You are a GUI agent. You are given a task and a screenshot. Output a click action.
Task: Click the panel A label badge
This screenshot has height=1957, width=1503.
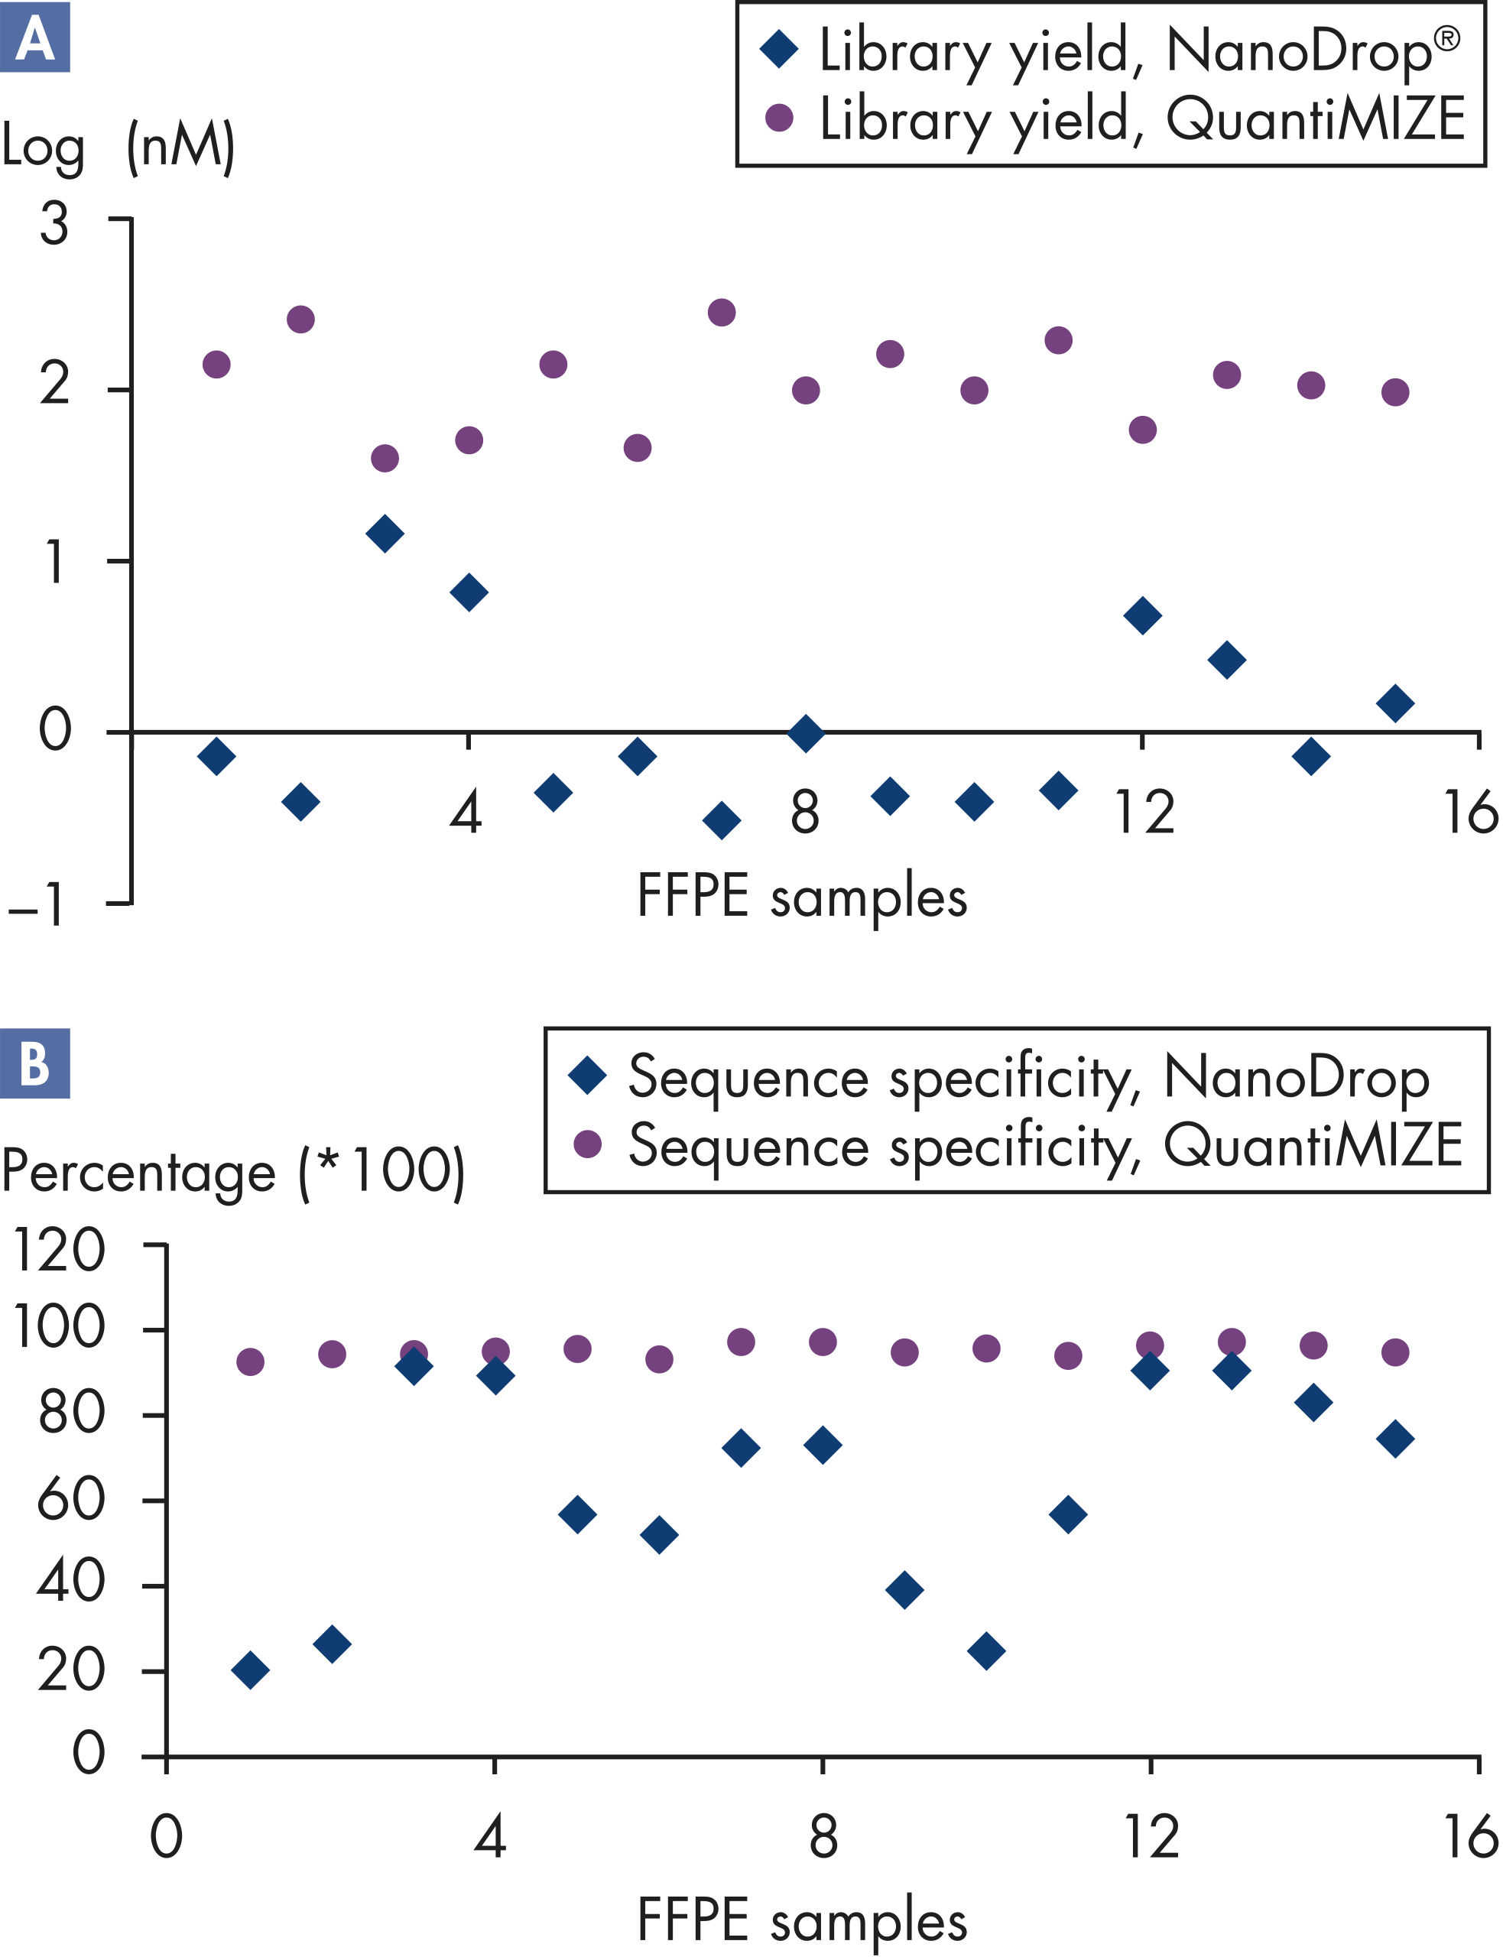click(x=35, y=37)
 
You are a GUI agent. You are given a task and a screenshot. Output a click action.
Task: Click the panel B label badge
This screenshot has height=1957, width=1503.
click(x=35, y=1063)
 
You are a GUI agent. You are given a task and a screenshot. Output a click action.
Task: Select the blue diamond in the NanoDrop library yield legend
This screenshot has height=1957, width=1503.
click(x=779, y=48)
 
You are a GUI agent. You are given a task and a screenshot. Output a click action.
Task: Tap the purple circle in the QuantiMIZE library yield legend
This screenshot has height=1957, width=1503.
click(x=779, y=118)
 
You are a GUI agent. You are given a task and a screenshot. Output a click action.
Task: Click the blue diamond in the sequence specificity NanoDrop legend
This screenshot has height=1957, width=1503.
click(x=588, y=1074)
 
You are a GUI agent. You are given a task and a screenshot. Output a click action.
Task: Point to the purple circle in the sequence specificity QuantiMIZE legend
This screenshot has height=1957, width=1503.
click(x=588, y=1143)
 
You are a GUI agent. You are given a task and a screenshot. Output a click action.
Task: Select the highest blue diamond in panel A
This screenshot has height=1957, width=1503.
click(x=385, y=534)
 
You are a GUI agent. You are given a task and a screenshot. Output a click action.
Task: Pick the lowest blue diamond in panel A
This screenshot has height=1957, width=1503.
click(x=722, y=820)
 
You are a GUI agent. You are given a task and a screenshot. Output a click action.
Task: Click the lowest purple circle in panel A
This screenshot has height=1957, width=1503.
click(x=385, y=459)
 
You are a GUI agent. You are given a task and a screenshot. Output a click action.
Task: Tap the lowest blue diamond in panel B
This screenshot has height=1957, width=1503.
click(x=249, y=1670)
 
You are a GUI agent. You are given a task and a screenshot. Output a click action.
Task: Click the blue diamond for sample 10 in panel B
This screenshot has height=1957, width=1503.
click(x=987, y=1650)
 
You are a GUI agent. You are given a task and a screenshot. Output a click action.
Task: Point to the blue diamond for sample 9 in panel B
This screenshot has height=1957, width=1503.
click(x=904, y=1590)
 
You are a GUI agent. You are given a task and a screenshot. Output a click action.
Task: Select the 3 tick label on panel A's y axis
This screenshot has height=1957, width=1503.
click(x=54, y=224)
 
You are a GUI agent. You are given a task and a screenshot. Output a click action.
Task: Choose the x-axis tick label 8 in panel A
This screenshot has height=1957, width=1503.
click(x=805, y=813)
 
